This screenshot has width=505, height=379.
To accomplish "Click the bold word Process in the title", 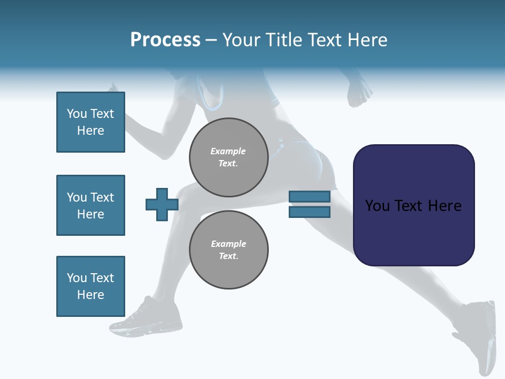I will [x=165, y=40].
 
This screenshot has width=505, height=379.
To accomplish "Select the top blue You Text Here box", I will [x=90, y=122].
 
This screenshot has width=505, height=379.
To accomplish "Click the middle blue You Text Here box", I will [x=90, y=205].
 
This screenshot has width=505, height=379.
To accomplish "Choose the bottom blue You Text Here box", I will [x=90, y=286].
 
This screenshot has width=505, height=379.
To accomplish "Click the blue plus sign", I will [x=162, y=204].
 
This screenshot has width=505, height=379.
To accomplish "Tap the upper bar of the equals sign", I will [x=309, y=196].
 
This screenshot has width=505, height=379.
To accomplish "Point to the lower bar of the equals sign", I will [x=309, y=212].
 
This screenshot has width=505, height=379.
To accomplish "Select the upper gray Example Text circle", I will [x=228, y=157].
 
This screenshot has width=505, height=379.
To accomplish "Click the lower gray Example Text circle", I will [x=228, y=250].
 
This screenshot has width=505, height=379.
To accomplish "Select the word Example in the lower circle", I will [x=228, y=244].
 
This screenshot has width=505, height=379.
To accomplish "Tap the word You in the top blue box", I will [x=76, y=114].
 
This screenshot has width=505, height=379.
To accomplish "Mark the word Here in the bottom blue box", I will [x=90, y=295].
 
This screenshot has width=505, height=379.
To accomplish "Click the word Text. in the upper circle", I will [x=228, y=163].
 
